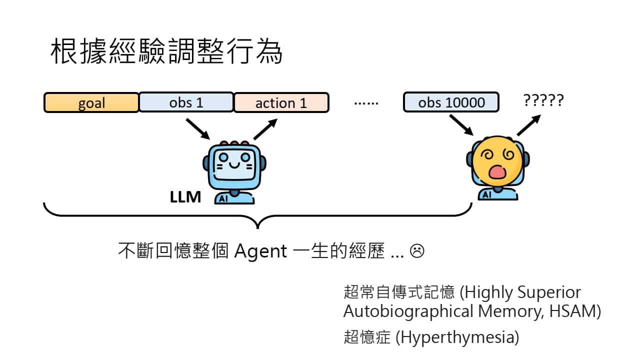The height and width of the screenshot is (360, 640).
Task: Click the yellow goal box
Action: pyautogui.click(x=91, y=102)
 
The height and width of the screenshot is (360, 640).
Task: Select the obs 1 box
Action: pyautogui.click(x=186, y=102)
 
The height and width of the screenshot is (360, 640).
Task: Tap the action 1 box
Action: pyautogui.click(x=281, y=102)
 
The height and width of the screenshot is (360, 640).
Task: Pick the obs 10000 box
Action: pyautogui.click(x=451, y=102)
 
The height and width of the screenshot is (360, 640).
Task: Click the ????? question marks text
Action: pyautogui.click(x=543, y=100)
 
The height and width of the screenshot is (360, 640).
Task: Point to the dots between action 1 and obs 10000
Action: pyautogui.click(x=366, y=103)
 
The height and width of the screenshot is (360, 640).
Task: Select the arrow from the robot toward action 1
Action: pyautogui.click(x=265, y=128)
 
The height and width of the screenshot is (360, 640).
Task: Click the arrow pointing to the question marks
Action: pyautogui.click(x=528, y=125)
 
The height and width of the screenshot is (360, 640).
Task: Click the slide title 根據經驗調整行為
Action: pyautogui.click(x=166, y=52)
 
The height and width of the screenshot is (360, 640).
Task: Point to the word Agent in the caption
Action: pyautogui.click(x=260, y=250)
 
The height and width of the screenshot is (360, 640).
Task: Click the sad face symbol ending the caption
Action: pyautogui.click(x=417, y=250)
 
